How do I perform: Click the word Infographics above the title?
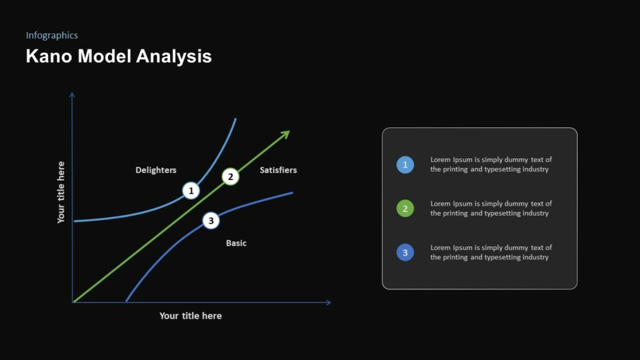pos(52,36)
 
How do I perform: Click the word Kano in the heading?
pos(46,56)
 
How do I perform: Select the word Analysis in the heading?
pos(174,57)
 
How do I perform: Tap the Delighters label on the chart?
pos(156,170)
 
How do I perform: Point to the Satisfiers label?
pos(278,170)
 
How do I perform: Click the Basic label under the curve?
pos(236,243)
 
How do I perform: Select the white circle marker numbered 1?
pos(191,191)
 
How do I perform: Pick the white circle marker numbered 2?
pos(231,177)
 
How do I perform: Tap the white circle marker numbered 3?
pos(211,220)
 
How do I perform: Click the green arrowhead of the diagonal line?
pos(286,134)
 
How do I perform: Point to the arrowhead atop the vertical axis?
pos(72,96)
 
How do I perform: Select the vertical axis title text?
pos(61,192)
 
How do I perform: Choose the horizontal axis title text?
pos(191,316)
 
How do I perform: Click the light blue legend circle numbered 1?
pos(405,165)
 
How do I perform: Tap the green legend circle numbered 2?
pos(405,209)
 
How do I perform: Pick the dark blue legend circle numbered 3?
pos(405,252)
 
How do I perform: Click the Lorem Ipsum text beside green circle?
pos(491,208)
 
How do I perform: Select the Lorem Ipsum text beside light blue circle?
pos(491,164)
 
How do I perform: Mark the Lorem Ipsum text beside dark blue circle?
pos(491,252)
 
